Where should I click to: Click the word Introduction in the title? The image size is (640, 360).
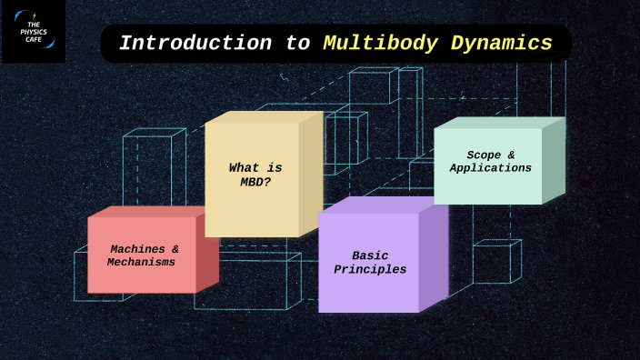point(195,43)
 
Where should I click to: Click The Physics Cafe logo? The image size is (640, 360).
point(33,31)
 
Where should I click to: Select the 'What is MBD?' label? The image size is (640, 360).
point(255,175)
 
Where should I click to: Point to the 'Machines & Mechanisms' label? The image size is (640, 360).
point(143,255)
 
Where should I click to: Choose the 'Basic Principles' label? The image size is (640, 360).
point(370,263)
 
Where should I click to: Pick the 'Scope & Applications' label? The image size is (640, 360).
point(490,162)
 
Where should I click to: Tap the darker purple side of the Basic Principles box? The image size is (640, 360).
point(434,256)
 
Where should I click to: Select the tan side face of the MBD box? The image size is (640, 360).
point(311,173)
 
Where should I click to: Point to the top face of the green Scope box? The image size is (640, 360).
point(500,123)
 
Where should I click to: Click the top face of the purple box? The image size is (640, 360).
point(382,205)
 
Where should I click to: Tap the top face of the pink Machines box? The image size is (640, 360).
point(153,211)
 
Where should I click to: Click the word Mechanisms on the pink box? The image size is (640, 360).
point(141,263)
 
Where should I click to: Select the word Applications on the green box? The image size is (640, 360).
point(490,168)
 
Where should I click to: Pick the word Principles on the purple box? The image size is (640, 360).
point(370,270)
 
